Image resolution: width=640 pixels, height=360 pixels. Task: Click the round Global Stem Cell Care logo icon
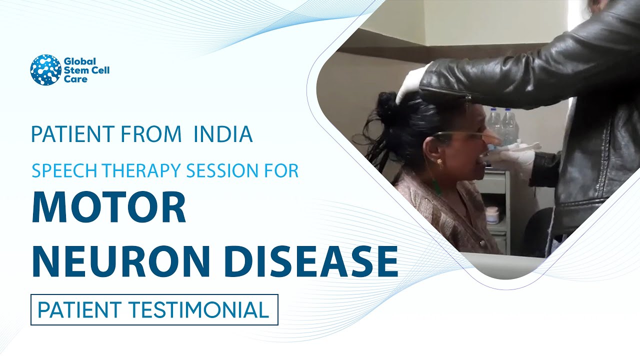(45, 70)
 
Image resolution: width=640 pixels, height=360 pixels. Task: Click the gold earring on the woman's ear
(440, 162)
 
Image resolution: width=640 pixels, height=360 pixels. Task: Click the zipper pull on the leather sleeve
(467, 96)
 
